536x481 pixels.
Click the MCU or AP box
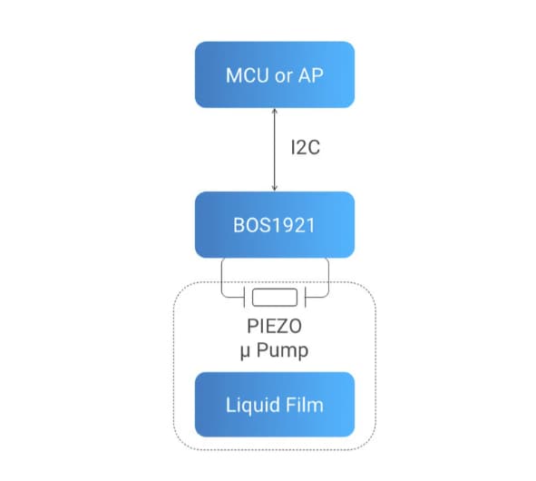coord(274,74)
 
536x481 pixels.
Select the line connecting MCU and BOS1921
coord(274,150)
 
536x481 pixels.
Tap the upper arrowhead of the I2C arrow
coord(274,111)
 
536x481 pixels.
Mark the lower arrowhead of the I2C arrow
coord(274,188)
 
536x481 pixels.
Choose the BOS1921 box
coord(274,224)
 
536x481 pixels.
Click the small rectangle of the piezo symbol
coord(274,297)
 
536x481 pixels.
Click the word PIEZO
coord(274,326)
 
